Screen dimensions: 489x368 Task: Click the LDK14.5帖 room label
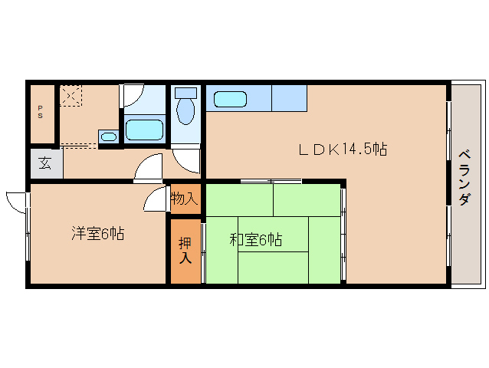point(343,149)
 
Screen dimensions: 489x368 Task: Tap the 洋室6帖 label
point(98,233)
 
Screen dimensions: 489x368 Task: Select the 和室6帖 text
point(256,239)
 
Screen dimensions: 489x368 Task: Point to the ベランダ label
point(464,178)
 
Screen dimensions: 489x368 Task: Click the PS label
point(40,112)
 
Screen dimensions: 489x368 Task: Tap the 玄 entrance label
point(45,163)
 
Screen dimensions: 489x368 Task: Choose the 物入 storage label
point(185,199)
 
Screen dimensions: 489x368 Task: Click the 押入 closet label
point(185,251)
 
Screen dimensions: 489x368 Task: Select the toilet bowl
point(185,110)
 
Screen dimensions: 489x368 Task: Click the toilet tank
point(186,93)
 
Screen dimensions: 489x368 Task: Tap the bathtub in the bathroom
point(144,130)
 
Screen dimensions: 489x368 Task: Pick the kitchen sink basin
point(230,99)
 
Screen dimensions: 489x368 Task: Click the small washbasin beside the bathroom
point(109,136)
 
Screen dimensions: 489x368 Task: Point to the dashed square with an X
point(71,96)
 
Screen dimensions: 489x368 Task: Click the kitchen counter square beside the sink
point(289,98)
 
